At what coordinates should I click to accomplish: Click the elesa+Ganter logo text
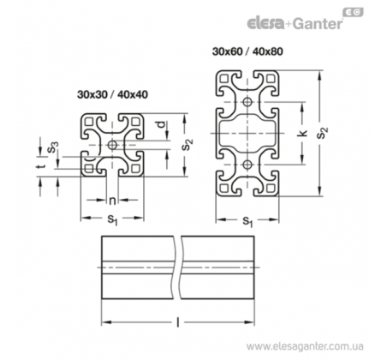[x=295, y=23]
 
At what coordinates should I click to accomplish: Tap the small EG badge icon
[x=353, y=13]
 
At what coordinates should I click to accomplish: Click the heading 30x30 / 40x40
[x=112, y=94]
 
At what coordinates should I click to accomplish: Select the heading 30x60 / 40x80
[x=247, y=51]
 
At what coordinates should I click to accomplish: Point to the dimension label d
[x=161, y=125]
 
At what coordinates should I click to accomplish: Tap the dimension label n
[x=112, y=201]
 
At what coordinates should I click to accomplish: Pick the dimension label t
[x=42, y=166]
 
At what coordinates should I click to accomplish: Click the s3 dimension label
[x=53, y=147]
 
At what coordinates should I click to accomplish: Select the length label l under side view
[x=178, y=323]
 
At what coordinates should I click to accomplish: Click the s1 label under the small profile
[x=112, y=220]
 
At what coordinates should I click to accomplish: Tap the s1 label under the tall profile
[x=247, y=221]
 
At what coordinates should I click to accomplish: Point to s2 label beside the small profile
[x=188, y=145]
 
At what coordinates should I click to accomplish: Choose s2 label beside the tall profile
[x=323, y=133]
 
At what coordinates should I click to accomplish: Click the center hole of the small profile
[x=112, y=145]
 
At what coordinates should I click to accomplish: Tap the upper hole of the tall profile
[x=247, y=102]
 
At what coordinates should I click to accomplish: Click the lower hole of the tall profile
[x=247, y=165]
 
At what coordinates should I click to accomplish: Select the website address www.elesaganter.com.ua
[x=305, y=347]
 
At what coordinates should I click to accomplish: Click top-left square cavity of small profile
[x=89, y=122]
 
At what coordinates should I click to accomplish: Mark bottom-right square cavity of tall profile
[x=271, y=189]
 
